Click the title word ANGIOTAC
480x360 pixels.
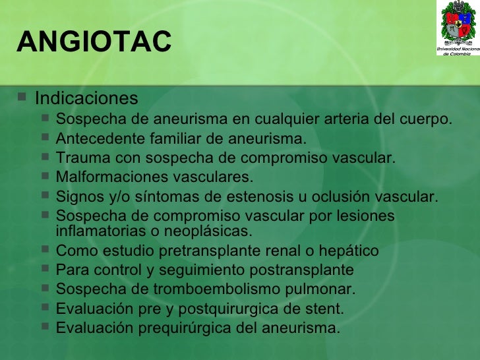coord(94,43)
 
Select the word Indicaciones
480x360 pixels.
coord(86,99)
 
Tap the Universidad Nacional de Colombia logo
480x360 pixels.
coord(457,28)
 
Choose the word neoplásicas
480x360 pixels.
coord(213,231)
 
